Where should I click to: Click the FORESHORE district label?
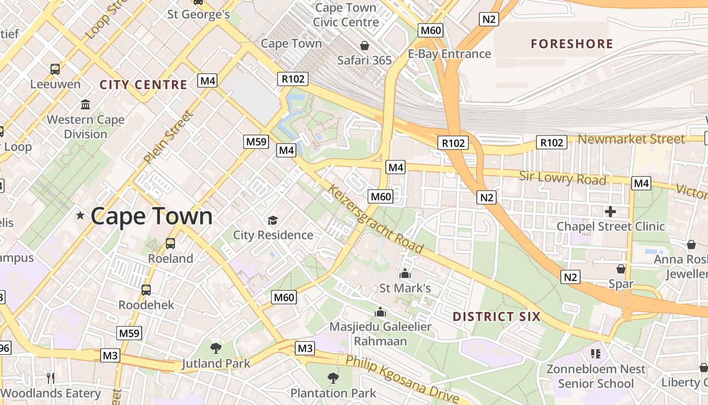pyautogui.click(x=571, y=44)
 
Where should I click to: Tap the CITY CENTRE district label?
pyautogui.click(x=143, y=85)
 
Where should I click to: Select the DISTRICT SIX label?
pyautogui.click(x=496, y=317)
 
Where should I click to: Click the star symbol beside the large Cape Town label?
pyautogui.click(x=80, y=216)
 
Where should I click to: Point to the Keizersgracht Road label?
pyautogui.click(x=375, y=219)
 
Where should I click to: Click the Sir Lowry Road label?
pyautogui.click(x=562, y=178)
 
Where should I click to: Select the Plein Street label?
pyautogui.click(x=168, y=137)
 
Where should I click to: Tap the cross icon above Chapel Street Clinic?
pyautogui.click(x=610, y=212)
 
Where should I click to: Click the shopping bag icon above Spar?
pyautogui.click(x=621, y=269)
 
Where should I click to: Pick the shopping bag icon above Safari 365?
pyautogui.click(x=364, y=46)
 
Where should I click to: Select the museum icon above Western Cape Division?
pyautogui.click(x=85, y=105)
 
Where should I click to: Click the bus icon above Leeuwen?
pyautogui.click(x=55, y=69)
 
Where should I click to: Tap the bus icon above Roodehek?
pyautogui.click(x=146, y=290)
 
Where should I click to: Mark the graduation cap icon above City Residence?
pyautogui.click(x=273, y=220)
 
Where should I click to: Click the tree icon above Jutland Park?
pyautogui.click(x=216, y=348)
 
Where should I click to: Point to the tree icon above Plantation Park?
pyautogui.click(x=333, y=378)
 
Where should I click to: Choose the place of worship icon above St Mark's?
pyautogui.click(x=405, y=274)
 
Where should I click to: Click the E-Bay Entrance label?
pyautogui.click(x=450, y=54)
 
